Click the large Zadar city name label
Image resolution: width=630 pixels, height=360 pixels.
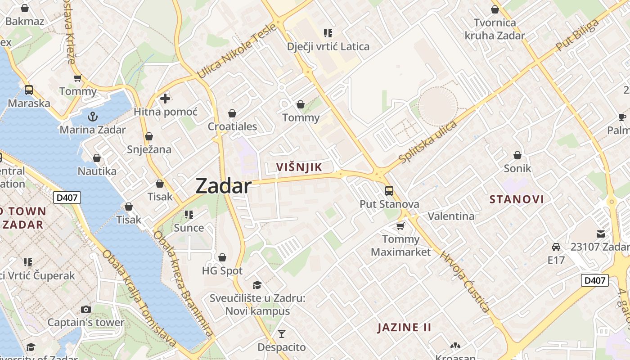pyautogui.click(x=223, y=186)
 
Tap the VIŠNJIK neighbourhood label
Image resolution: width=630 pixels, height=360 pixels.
pyautogui.click(x=299, y=167)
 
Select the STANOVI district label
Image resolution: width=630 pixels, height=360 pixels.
pyautogui.click(x=517, y=199)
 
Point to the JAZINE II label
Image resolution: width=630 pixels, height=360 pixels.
pyautogui.click(x=404, y=327)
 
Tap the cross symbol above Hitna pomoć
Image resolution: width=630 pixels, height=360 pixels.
pyautogui.click(x=165, y=98)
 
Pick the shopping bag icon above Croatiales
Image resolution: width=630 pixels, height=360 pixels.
pyautogui.click(x=232, y=113)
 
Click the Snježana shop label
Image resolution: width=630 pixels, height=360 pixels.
pyautogui.click(x=149, y=149)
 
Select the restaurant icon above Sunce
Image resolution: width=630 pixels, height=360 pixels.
pyautogui.click(x=189, y=214)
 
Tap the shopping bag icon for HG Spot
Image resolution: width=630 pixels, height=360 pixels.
pyautogui.click(x=222, y=257)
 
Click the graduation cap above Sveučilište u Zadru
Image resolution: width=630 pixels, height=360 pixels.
pyautogui.click(x=257, y=285)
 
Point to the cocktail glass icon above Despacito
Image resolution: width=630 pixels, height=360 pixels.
pyautogui.click(x=281, y=333)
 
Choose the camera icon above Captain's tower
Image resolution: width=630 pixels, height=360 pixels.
pyautogui.click(x=85, y=309)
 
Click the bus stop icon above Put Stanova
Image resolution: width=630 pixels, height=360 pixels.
pyautogui.click(x=389, y=191)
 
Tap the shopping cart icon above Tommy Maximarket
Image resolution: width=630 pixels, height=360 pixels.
pyautogui.click(x=400, y=225)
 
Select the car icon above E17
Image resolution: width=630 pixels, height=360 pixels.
pyautogui.click(x=556, y=247)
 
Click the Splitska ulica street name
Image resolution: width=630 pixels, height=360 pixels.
pyautogui.click(x=427, y=142)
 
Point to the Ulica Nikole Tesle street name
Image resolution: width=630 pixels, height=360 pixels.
pyautogui.click(x=236, y=50)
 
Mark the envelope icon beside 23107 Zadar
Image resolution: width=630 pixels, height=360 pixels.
pyautogui.click(x=601, y=234)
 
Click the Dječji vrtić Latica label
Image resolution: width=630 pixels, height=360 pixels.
pyautogui.click(x=328, y=46)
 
